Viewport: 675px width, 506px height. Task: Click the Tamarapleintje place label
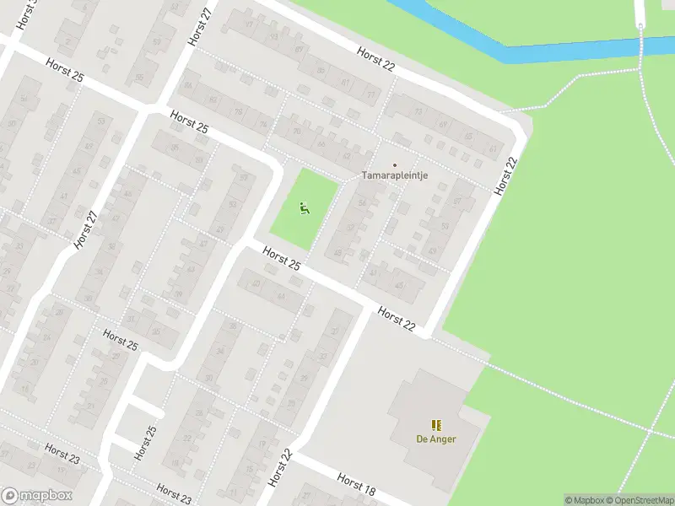(x=397, y=175)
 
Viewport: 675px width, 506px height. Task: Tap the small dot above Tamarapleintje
(x=394, y=164)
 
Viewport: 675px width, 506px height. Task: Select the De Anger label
(x=435, y=439)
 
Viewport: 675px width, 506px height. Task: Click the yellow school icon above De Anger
(x=435, y=425)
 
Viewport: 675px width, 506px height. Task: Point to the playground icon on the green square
(x=304, y=207)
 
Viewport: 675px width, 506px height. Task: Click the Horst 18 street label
(x=355, y=484)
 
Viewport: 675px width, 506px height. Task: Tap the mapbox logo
(x=37, y=496)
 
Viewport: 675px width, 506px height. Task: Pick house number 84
(x=188, y=85)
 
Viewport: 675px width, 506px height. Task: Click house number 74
(x=263, y=124)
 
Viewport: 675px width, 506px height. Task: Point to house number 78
(x=239, y=111)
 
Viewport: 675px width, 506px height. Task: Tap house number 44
(x=280, y=296)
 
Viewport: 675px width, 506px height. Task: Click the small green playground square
(x=304, y=211)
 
